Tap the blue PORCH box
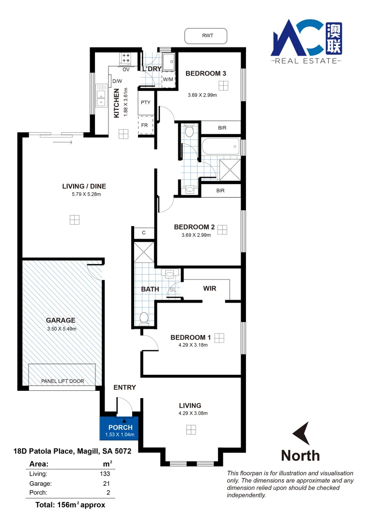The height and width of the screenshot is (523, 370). pos(120,428)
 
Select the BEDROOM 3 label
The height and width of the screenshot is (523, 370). pos(206,74)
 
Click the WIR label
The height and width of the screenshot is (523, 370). pos(210,289)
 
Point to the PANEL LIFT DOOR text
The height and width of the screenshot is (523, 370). pos(63,381)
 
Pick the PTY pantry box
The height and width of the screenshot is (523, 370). pos(145,103)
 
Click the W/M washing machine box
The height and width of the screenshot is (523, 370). pos(168,79)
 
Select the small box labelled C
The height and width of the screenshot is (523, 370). pos(144,233)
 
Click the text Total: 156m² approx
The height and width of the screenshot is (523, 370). pos(70,505)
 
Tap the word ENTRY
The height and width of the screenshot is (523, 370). pos(124,387)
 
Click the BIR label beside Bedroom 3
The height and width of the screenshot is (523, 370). pos(222,128)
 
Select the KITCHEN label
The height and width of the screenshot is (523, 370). pos(117,103)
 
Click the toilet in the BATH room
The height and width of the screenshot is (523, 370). pos(144,318)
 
